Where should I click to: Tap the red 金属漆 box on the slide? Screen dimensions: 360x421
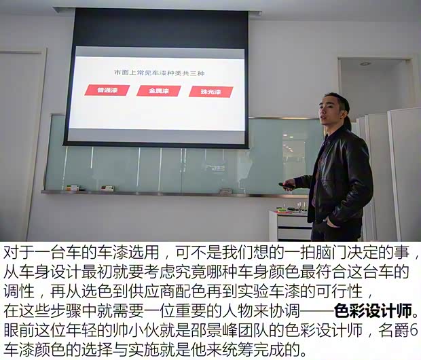pos(158,90)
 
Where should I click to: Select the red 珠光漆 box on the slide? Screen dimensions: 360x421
pos(211,91)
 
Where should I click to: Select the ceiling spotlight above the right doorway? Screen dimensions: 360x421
pos(365,64)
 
